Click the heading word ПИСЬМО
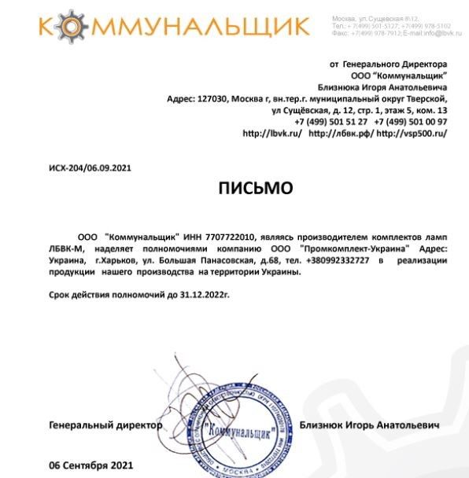(255, 188)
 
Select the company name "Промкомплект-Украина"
(356, 248)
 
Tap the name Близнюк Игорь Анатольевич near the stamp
(371, 425)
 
